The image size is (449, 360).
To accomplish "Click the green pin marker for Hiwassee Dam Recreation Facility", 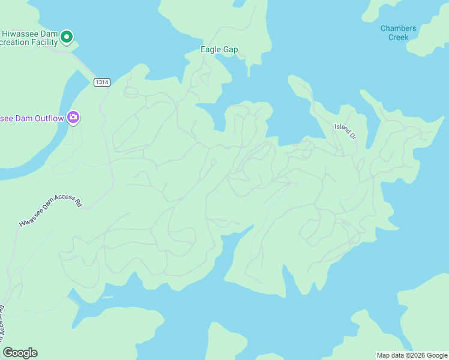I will click(x=67, y=37).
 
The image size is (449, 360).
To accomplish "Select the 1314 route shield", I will click(x=102, y=82).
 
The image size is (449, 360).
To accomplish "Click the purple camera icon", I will click(x=74, y=117).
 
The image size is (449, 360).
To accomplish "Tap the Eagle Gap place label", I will click(x=219, y=49).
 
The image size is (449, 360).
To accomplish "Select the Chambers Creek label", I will click(x=398, y=32).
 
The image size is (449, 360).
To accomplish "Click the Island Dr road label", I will click(x=345, y=130).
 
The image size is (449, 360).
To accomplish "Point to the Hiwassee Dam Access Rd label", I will click(x=50, y=210).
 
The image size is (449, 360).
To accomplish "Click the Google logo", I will click(x=20, y=353).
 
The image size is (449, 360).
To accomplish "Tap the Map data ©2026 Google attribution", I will click(x=412, y=355).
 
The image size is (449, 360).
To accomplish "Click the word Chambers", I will click(x=398, y=28).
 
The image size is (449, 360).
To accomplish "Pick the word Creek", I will click(x=398, y=37).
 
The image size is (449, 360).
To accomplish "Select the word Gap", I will click(x=231, y=49).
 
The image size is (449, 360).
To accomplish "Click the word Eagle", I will click(x=211, y=49).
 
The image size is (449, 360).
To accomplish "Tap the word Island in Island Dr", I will click(x=342, y=128).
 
